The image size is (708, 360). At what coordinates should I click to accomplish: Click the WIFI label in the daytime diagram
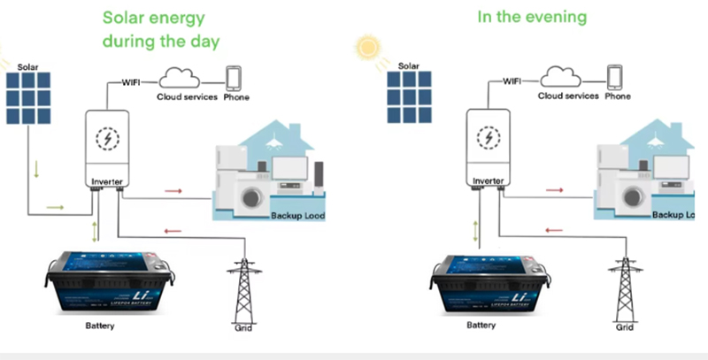pyautogui.click(x=132, y=81)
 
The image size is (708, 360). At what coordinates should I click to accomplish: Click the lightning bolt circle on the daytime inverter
pyautogui.click(x=108, y=139)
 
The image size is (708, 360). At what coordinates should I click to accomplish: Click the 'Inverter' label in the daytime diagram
pyautogui.click(x=107, y=180)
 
